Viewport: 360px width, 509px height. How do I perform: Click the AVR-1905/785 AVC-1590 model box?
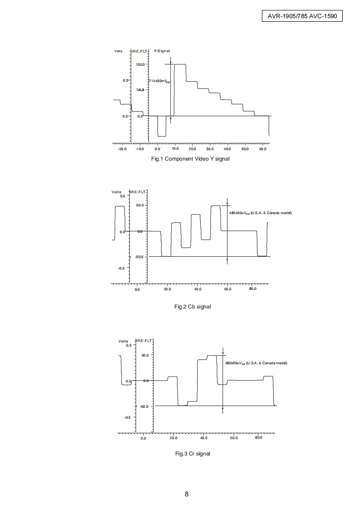pyautogui.click(x=302, y=16)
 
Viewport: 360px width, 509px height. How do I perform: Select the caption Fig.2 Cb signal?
pyautogui.click(x=192, y=307)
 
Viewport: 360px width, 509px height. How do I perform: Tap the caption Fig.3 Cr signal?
pyautogui.click(x=192, y=454)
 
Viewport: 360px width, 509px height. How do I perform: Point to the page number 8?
pyautogui.click(x=187, y=494)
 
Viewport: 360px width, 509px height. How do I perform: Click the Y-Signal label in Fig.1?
pyautogui.click(x=162, y=51)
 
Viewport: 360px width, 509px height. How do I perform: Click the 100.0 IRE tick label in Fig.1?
pyautogui.click(x=140, y=64)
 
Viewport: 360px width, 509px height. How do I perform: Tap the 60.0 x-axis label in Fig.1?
pyautogui.click(x=262, y=149)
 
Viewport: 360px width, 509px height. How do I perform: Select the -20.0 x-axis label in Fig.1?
pyautogui.click(x=122, y=149)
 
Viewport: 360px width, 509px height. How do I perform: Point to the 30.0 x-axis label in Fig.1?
pyautogui.click(x=210, y=149)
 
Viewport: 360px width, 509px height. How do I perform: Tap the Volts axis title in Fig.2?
pyautogui.click(x=117, y=192)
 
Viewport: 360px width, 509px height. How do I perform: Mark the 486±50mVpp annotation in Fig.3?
pyautogui.click(x=256, y=363)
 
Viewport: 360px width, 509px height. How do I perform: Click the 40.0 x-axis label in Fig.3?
pyautogui.click(x=203, y=438)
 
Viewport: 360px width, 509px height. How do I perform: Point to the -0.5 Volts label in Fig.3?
pyautogui.click(x=127, y=417)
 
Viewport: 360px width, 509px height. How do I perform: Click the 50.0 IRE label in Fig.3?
pyautogui.click(x=144, y=355)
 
